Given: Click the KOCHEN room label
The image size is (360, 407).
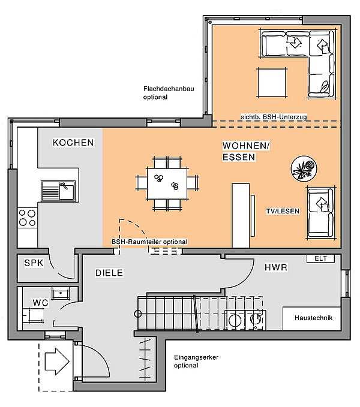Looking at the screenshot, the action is (x=73, y=143).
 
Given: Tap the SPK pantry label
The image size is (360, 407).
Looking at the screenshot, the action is (x=34, y=263).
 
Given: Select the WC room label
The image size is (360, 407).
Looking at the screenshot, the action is (x=41, y=303).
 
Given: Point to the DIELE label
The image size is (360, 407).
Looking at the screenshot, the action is (x=109, y=273).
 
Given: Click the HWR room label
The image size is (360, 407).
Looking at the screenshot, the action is (x=276, y=267).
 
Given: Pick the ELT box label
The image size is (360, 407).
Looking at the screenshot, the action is (x=320, y=258).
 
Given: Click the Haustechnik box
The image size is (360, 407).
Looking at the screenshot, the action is (x=311, y=318).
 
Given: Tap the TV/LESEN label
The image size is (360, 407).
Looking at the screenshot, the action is (x=283, y=211).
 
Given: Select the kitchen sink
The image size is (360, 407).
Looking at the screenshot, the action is (x=58, y=191).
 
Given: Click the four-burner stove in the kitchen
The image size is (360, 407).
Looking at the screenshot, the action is (x=27, y=218).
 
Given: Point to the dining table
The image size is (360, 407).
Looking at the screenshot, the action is (x=167, y=184).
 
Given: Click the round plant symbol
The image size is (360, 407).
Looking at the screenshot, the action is (x=304, y=168).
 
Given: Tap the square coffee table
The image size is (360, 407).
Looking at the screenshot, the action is (x=272, y=83).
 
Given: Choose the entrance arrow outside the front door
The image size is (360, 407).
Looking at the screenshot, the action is (x=57, y=361).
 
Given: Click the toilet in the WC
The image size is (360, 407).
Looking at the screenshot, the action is (x=33, y=315).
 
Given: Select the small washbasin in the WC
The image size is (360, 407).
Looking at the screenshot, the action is (x=61, y=293).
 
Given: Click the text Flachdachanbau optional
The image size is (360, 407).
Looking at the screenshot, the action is (x=169, y=93).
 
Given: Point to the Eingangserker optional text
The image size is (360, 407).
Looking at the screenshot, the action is (x=196, y=361).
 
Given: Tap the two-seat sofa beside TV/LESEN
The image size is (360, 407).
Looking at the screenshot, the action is (x=320, y=213).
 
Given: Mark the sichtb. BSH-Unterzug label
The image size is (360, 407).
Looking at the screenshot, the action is (x=274, y=117).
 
